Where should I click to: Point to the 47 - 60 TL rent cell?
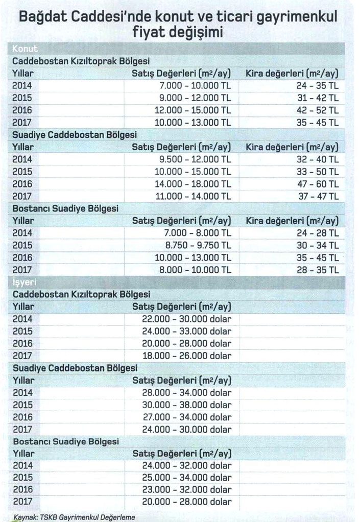tap(318, 184)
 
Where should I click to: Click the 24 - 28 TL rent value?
tap(318, 233)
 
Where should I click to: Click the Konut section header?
tap(25, 49)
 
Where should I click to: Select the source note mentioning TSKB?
tap(74, 517)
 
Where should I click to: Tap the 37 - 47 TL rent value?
tap(318, 196)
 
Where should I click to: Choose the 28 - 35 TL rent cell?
tap(318, 270)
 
